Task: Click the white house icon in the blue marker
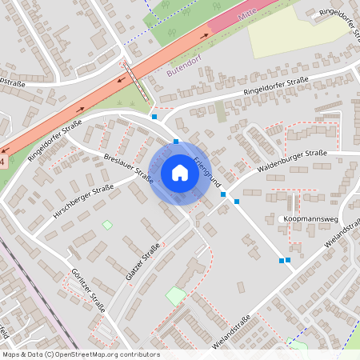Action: click(x=179, y=172)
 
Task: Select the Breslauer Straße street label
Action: click(x=128, y=165)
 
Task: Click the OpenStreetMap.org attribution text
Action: click(x=81, y=354)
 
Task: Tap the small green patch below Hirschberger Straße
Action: click(x=107, y=225)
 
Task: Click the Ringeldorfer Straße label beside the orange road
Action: click(x=55, y=142)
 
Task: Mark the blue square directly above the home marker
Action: click(x=176, y=142)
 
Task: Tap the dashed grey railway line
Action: click(x=32, y=296)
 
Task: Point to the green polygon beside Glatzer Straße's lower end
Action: click(x=175, y=296)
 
